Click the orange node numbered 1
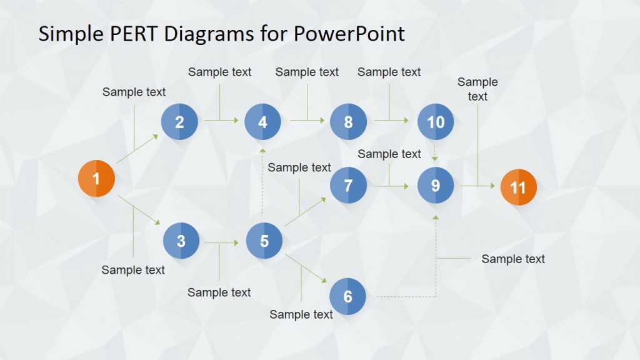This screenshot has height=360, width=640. pos(96,179)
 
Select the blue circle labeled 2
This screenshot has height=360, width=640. pos(179,122)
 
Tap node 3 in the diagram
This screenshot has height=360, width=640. pos(181,241)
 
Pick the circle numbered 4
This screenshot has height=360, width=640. pos(262,122)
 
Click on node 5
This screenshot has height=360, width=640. pos(264,241)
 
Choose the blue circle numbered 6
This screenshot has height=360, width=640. pos(347,296)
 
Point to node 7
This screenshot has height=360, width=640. pos(348,185)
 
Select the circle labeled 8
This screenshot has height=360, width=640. pos(348,122)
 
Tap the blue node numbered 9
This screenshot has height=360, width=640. pos(436,185)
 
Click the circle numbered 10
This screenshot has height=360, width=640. pos(436,122)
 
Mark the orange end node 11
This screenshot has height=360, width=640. pos(518,187)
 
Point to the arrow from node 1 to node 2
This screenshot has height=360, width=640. pos(137,149)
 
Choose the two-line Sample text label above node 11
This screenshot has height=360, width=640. pos(477,89)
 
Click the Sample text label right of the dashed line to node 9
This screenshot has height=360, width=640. pos(512,259)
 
